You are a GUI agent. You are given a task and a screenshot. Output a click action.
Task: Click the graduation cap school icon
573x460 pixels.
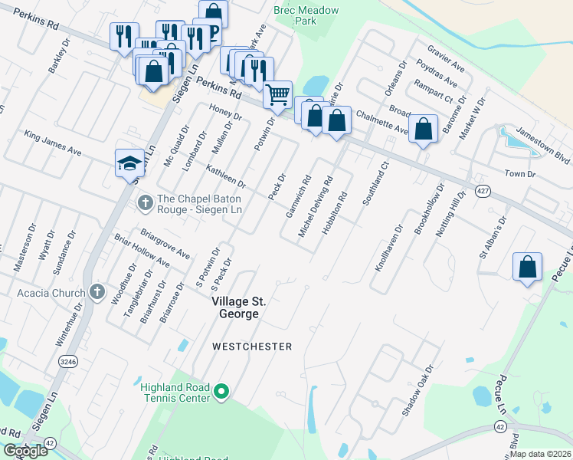point(129,163)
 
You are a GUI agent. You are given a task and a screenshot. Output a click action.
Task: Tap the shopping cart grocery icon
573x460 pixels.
point(277,95)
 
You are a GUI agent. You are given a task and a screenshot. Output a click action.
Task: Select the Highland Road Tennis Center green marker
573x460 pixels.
point(222,393)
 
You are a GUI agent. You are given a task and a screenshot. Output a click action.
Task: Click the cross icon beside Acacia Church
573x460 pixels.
point(97,291)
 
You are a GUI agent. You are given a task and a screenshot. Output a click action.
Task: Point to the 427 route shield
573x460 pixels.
point(482,192)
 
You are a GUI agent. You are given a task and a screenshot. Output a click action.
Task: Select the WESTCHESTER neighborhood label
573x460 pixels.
point(252,347)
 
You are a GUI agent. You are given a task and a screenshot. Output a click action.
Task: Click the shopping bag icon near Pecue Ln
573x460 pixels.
point(527,268)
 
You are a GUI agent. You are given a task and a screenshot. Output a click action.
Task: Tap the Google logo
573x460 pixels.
point(25,451)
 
